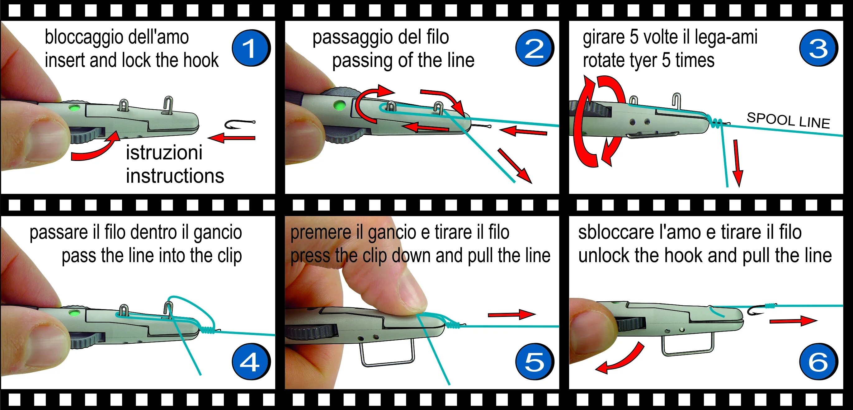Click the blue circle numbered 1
click(x=251, y=48)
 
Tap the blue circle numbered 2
click(x=534, y=48)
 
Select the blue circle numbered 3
click(x=818, y=48)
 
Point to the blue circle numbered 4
click(x=251, y=361)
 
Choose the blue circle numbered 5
click(x=534, y=361)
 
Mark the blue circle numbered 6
click(x=818, y=361)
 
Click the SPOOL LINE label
click(x=788, y=120)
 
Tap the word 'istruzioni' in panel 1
click(x=164, y=153)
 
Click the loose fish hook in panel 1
click(x=239, y=125)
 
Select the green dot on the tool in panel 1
click(x=74, y=108)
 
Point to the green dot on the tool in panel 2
click(x=339, y=106)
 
